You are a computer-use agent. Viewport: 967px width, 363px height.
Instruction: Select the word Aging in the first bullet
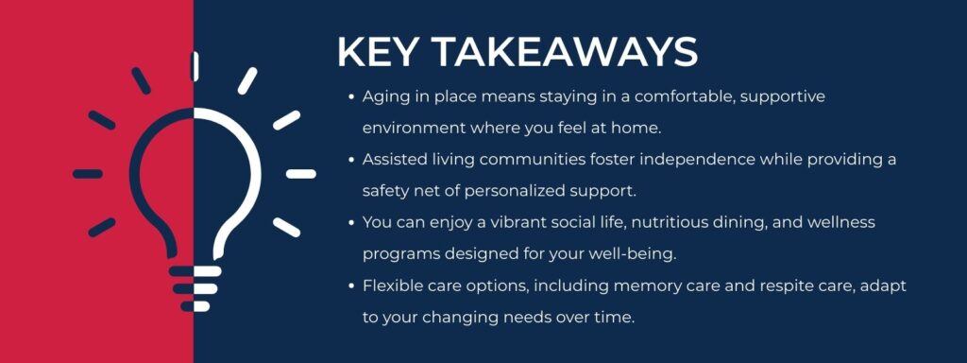point(385,96)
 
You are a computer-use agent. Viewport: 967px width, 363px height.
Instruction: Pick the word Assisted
point(396,159)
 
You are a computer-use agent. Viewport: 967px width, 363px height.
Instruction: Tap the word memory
point(607,285)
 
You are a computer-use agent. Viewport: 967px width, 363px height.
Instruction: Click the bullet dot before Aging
point(351,96)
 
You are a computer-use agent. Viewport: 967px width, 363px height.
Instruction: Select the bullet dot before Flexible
point(351,285)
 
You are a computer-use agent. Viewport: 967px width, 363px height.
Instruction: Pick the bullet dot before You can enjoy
point(351,222)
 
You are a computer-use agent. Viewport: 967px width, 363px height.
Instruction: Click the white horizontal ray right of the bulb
point(301,174)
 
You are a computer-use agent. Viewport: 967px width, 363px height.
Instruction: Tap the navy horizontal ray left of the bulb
point(88,174)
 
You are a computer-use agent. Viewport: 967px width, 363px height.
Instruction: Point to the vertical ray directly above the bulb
point(195,65)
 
